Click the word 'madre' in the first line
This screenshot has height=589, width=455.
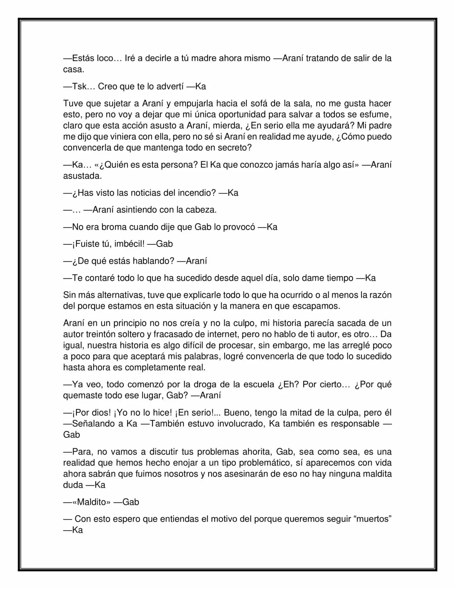pos(203,58)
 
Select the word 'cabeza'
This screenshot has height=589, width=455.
pos(200,210)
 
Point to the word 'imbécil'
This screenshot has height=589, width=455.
pos(129,244)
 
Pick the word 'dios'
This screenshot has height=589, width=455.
pos(102,413)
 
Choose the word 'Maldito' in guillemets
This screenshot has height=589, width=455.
pos(92,502)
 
